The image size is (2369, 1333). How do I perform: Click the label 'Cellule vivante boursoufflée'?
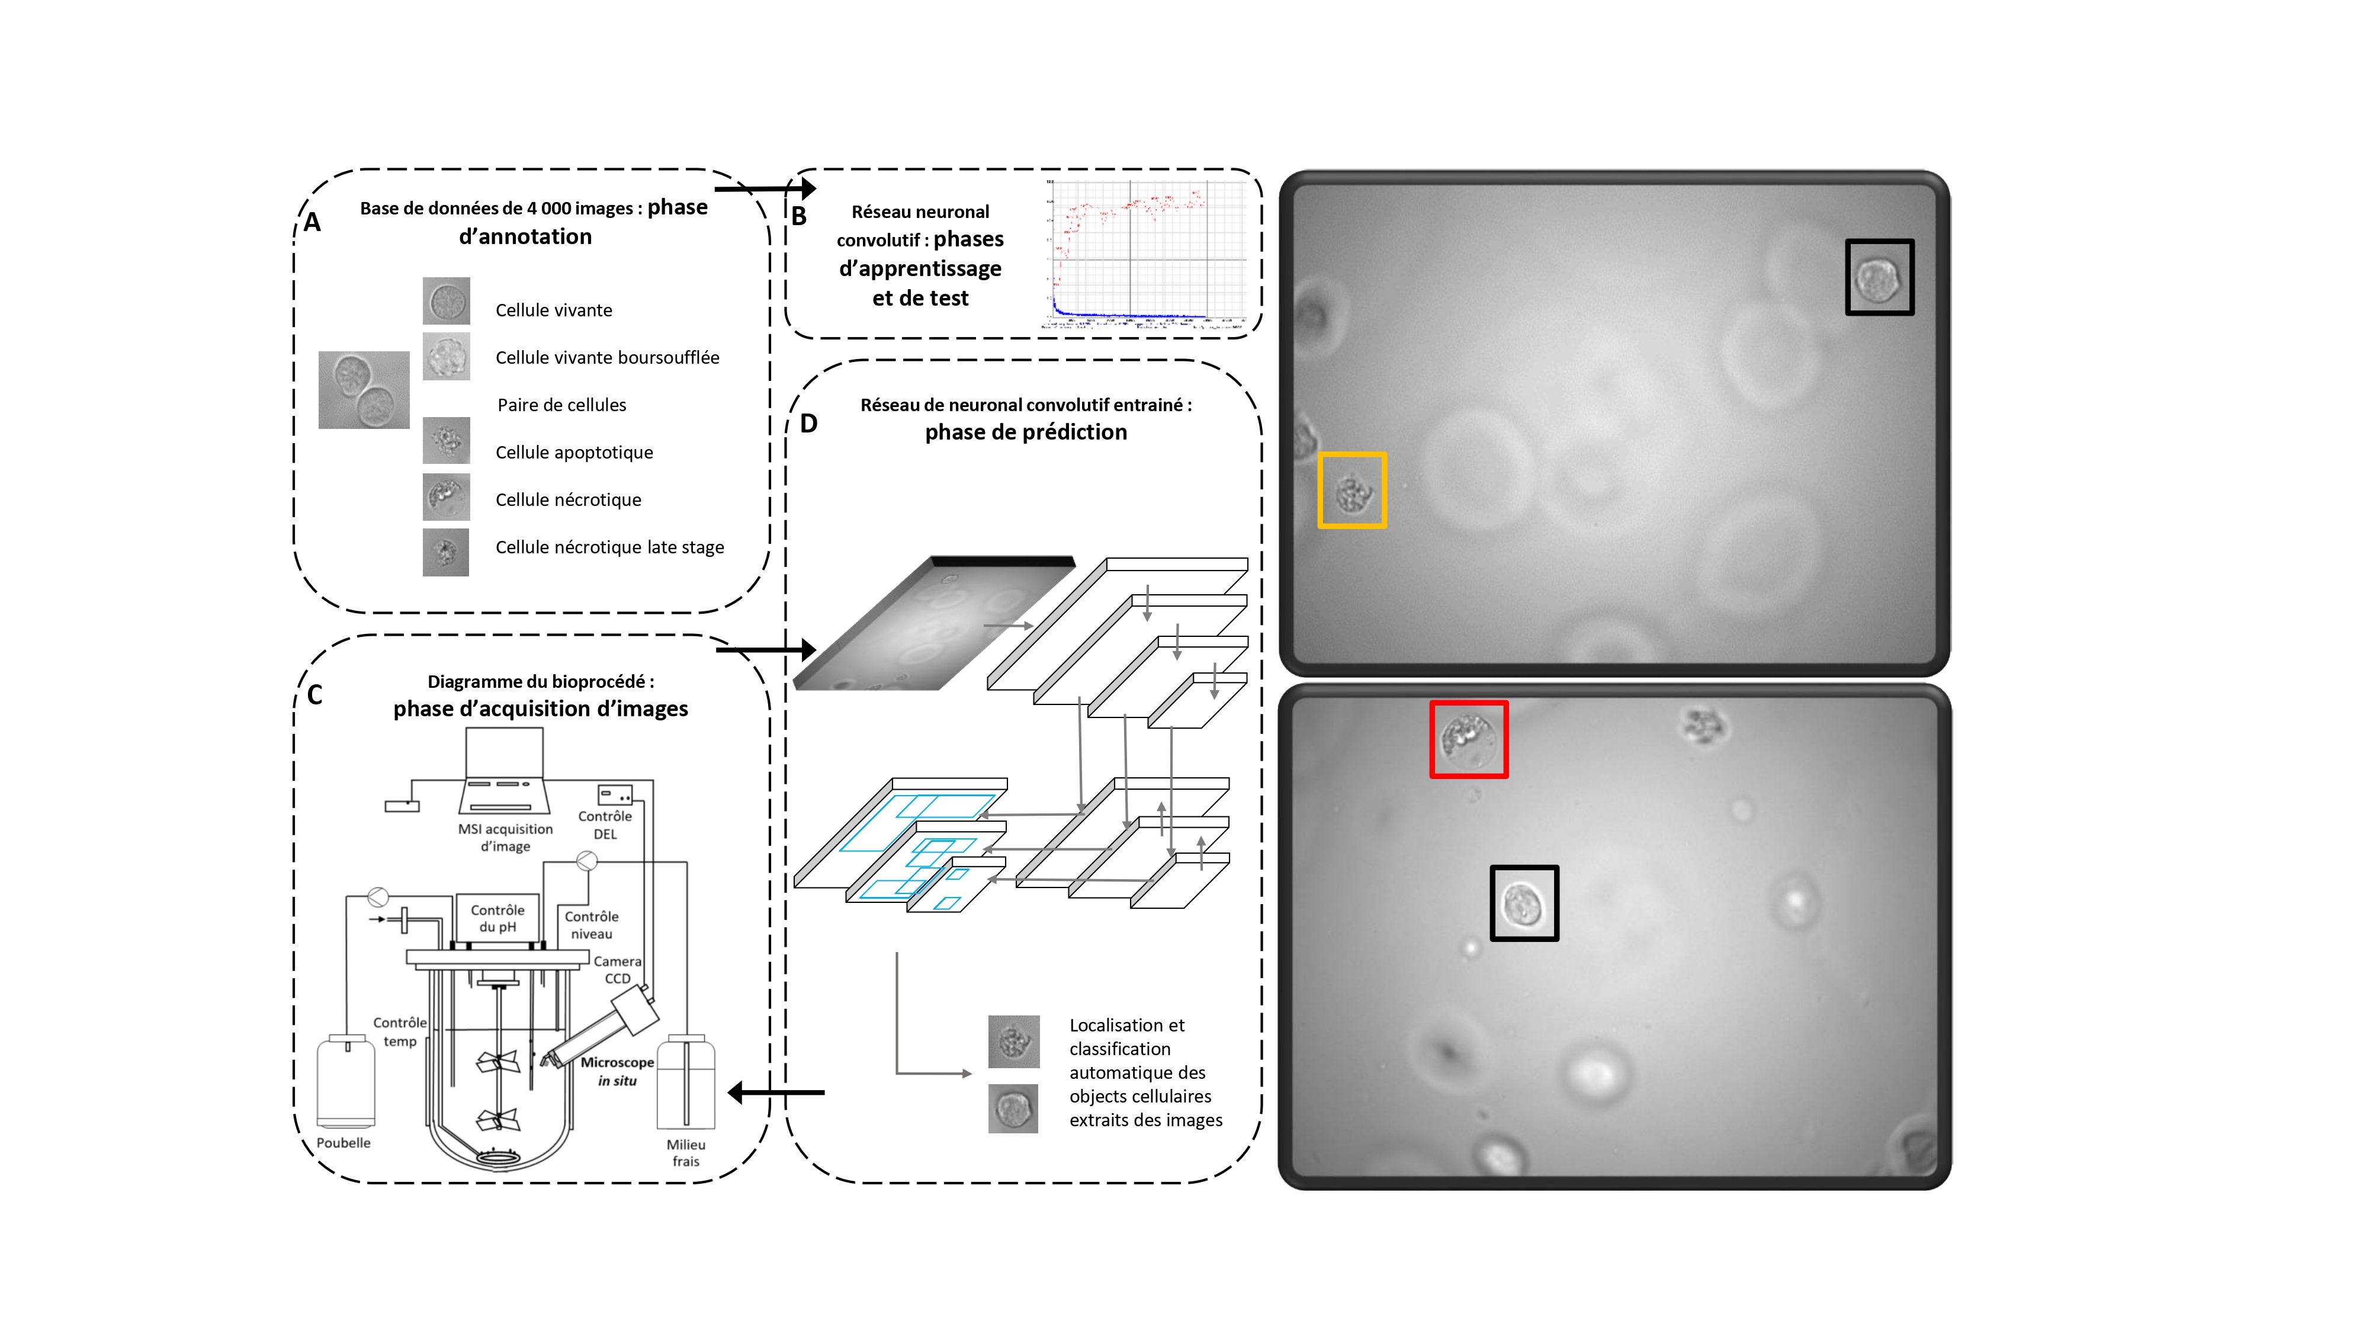(607, 358)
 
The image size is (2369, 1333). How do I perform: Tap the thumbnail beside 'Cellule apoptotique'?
(446, 441)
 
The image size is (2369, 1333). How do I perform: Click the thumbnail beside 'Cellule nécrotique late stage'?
(446, 552)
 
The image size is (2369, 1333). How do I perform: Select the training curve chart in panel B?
(1145, 254)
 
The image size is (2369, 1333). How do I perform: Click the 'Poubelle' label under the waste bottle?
(343, 1143)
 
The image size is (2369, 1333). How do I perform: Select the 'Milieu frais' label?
(686, 1153)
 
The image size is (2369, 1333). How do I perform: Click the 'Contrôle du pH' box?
(497, 918)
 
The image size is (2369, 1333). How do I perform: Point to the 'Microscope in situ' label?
(617, 1071)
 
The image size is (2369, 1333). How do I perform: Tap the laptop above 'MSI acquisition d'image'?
(504, 769)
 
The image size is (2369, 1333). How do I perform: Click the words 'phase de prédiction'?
(1025, 432)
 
